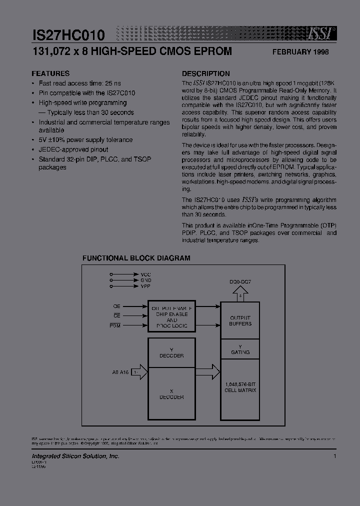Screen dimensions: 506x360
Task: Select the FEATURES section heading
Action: tap(50, 73)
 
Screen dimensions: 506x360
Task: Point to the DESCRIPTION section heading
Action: tap(205, 73)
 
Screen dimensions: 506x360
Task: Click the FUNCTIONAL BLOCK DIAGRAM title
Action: tap(136, 258)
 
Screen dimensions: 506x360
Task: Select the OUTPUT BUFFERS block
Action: tap(240, 320)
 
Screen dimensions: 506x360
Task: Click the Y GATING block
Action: tap(240, 349)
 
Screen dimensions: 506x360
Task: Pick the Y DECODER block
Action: tap(171, 352)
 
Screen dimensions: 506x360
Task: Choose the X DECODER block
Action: tap(171, 394)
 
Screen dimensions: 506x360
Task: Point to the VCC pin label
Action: tap(145, 274)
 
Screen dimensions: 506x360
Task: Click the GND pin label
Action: tap(145, 280)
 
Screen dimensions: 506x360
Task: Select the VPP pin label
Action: tap(145, 285)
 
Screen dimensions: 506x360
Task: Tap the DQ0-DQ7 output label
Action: tap(239, 282)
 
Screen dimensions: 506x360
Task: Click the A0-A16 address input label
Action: tap(120, 372)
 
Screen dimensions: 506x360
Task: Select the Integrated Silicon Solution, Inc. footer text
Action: tap(75, 456)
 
